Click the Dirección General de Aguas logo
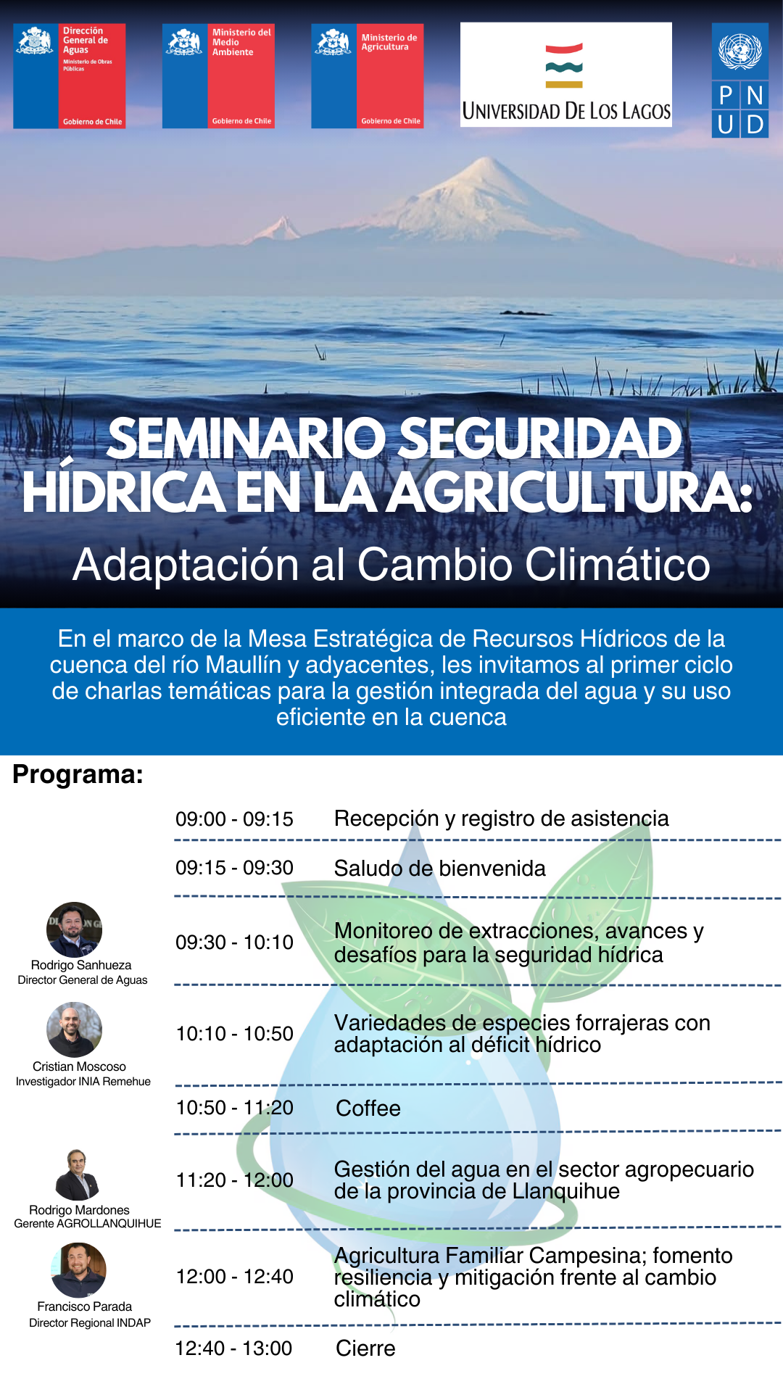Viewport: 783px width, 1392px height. pyautogui.click(x=70, y=76)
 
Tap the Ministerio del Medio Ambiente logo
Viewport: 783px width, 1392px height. pyautogui.click(x=218, y=76)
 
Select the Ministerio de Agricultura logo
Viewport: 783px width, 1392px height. pyautogui.click(x=368, y=76)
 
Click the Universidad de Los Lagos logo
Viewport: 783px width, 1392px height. pyautogui.click(x=566, y=75)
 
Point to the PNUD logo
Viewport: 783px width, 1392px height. pyautogui.click(x=740, y=81)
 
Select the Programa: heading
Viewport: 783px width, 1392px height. pyautogui.click(x=78, y=774)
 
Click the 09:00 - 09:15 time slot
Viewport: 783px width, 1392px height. pyautogui.click(x=234, y=819)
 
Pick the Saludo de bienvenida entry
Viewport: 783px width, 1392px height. pyautogui.click(x=440, y=868)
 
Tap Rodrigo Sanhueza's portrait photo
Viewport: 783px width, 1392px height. pyautogui.click(x=74, y=930)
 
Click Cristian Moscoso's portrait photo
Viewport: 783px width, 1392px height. pyautogui.click(x=74, y=1029)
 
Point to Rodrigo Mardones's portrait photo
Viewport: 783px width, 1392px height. pyautogui.click(x=77, y=1174)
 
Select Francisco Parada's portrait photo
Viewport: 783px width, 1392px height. pyautogui.click(x=78, y=1270)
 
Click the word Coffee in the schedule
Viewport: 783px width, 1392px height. pyautogui.click(x=368, y=1109)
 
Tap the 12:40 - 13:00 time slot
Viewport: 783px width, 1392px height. pyautogui.click(x=234, y=1348)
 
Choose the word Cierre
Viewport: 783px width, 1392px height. pyautogui.click(x=365, y=1348)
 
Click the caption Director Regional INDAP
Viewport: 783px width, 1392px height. pyautogui.click(x=90, y=1323)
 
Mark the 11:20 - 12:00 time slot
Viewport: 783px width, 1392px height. pyautogui.click(x=234, y=1180)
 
